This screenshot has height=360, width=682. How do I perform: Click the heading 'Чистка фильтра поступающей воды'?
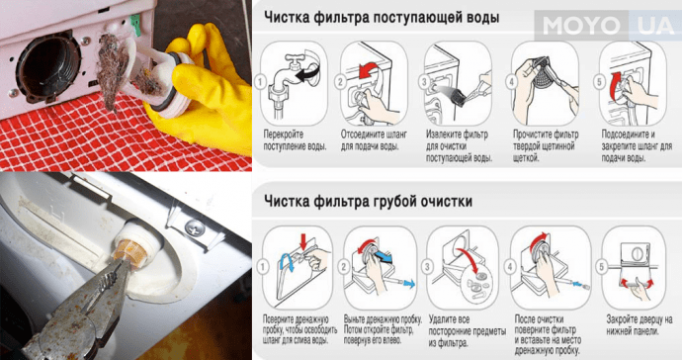click(381, 18)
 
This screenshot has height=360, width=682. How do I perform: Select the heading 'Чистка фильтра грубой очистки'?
click(367, 201)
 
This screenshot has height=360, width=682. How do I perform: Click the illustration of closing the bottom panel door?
click(634, 266)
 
